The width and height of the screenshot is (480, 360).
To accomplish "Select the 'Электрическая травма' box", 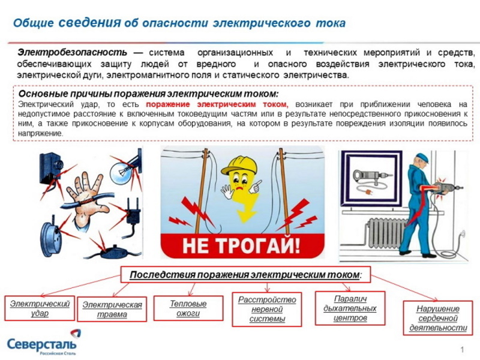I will click(x=112, y=310).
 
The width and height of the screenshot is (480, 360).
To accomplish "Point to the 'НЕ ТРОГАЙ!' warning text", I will click(x=242, y=245).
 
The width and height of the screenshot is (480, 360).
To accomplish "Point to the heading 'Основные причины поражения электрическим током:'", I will click(x=148, y=94).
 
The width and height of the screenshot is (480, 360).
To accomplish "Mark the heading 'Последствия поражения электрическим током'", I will click(x=245, y=275).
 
